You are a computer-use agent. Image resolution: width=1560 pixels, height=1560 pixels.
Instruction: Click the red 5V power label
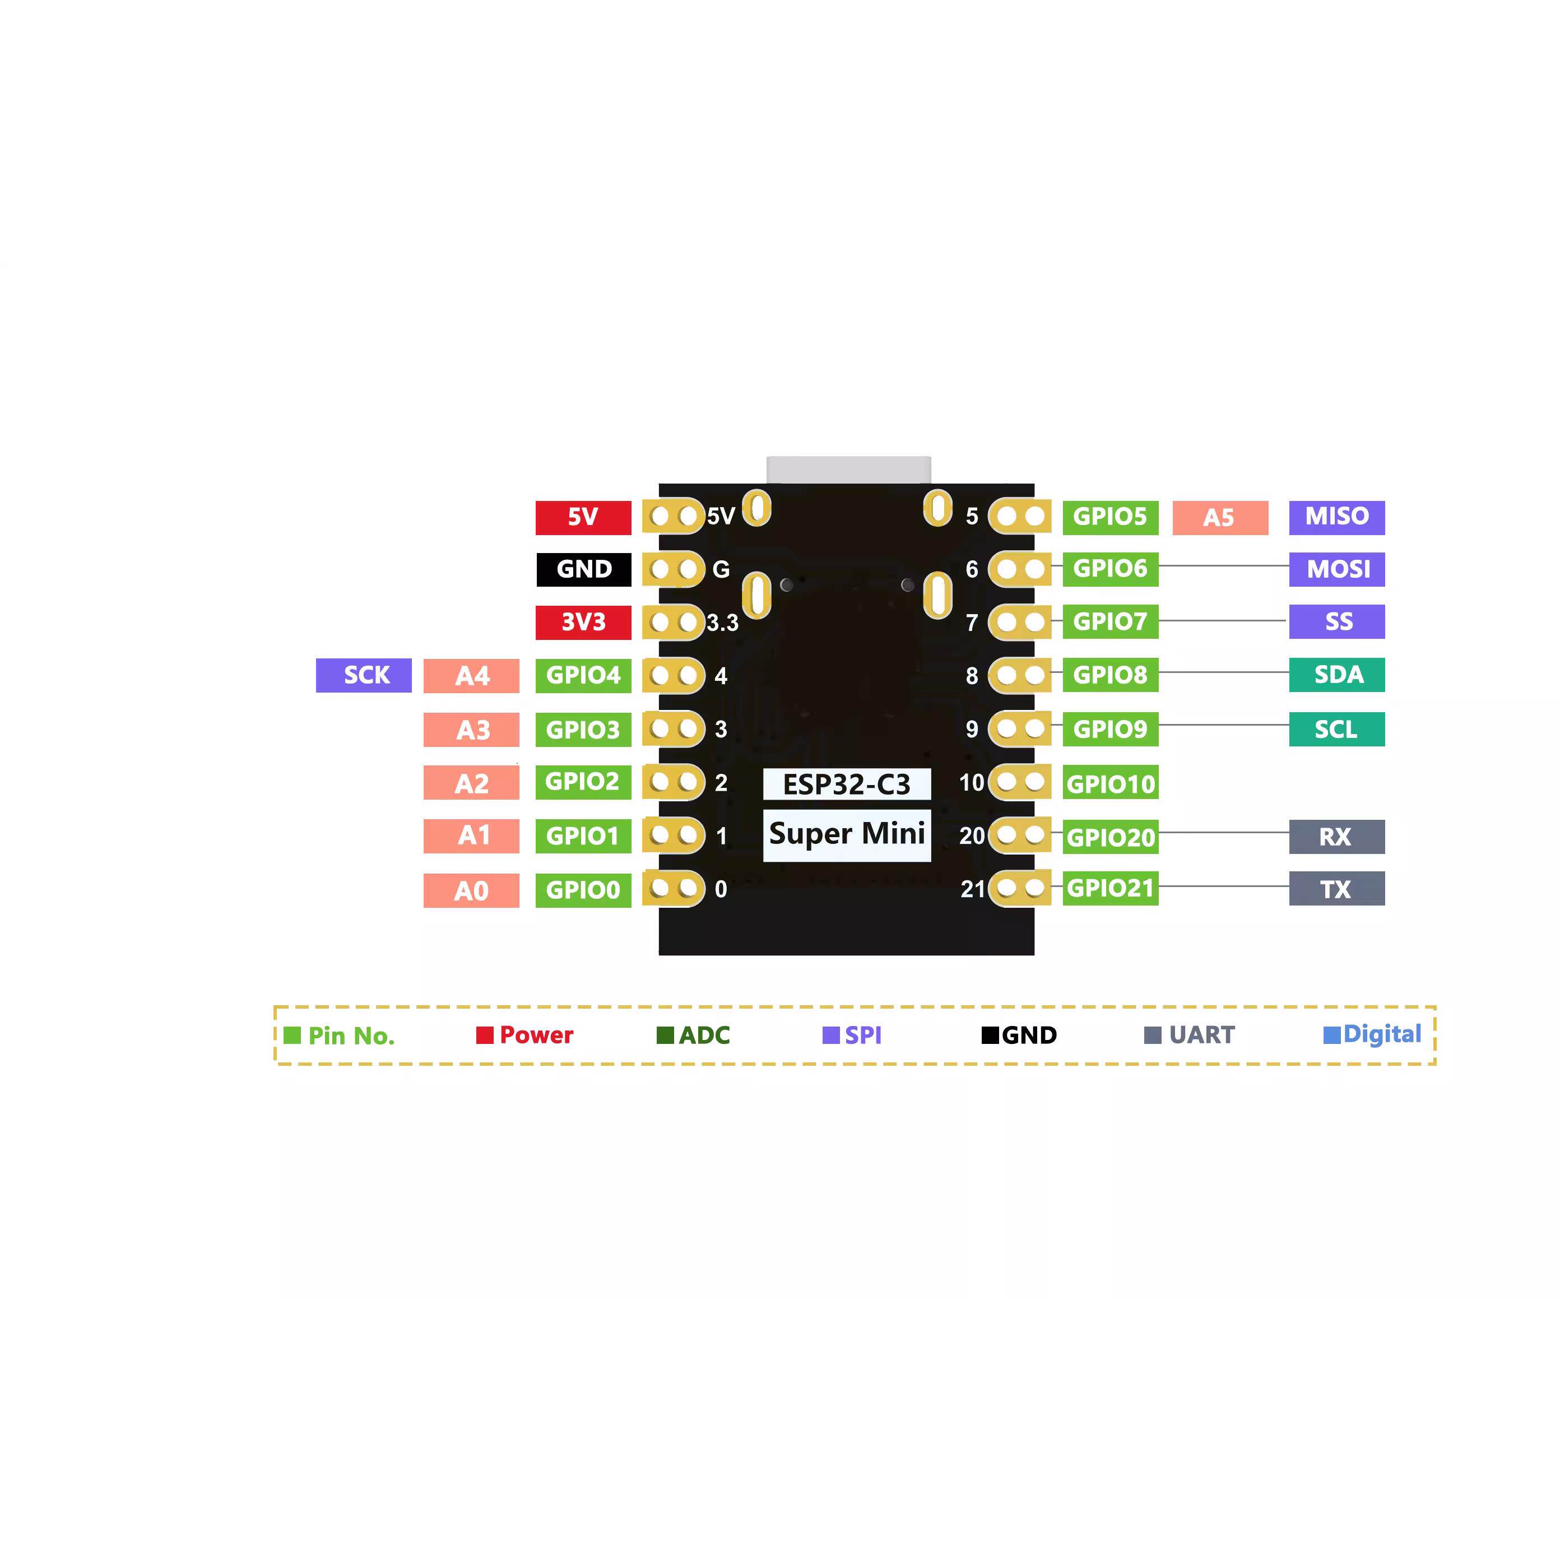[583, 517]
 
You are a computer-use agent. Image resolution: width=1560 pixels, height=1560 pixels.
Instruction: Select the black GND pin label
[583, 569]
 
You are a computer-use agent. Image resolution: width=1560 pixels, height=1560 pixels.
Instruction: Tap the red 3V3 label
[583, 622]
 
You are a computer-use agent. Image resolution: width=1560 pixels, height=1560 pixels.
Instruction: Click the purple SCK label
[363, 675]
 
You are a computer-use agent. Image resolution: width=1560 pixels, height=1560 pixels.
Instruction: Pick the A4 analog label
[472, 676]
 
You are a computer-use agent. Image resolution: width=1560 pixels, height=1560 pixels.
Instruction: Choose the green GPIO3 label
[583, 729]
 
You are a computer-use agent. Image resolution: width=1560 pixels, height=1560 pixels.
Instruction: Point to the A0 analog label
[472, 890]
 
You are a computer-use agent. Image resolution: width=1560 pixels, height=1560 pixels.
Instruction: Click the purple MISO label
[1336, 517]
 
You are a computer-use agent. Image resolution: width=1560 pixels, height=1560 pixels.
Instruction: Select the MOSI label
[1336, 569]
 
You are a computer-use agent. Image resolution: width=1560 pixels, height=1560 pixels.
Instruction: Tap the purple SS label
[1336, 622]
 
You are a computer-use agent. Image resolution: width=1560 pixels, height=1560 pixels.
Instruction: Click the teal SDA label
[1336, 675]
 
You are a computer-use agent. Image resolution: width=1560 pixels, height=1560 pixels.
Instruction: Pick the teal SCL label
[1336, 729]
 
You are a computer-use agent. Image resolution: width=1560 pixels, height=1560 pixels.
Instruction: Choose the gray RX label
[1336, 837]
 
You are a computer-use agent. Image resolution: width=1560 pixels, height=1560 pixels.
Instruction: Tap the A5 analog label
[1219, 518]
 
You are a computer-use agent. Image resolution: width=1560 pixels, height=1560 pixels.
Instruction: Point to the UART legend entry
[1190, 1035]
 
